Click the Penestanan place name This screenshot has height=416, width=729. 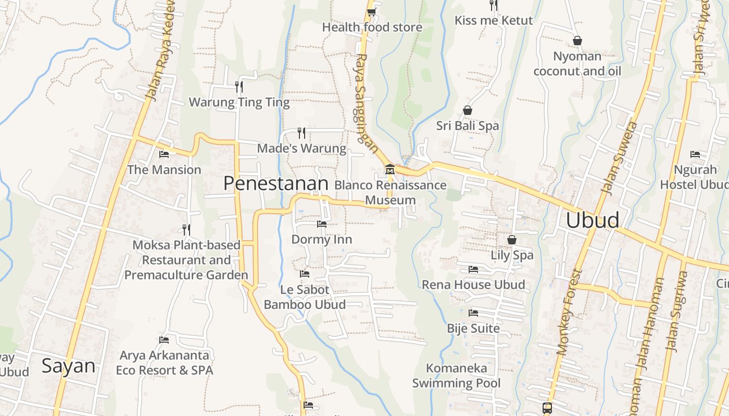pos(275,183)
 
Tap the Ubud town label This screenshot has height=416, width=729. pos(593,220)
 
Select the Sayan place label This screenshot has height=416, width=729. pos(68,366)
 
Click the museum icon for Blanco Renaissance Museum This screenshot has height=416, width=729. pos(389,170)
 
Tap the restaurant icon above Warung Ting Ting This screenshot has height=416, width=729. pos(239,86)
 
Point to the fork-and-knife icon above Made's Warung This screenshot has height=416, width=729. pos(301,133)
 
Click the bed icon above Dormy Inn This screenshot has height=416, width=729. pos(322,224)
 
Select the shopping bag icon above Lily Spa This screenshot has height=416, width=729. pos(512,240)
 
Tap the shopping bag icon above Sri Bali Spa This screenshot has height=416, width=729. pos(468,110)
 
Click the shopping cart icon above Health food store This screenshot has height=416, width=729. pos(371,11)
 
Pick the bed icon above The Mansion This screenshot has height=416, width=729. pos(164,154)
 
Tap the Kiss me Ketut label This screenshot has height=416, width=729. pos(494,21)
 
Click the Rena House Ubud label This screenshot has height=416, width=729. pos(473,284)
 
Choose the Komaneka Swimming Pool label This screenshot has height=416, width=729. pos(457,375)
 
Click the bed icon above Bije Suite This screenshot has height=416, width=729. pos(473,313)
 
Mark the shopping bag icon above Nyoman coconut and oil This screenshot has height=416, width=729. pos(577,41)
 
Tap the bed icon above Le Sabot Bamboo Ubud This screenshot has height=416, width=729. pos(305,274)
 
